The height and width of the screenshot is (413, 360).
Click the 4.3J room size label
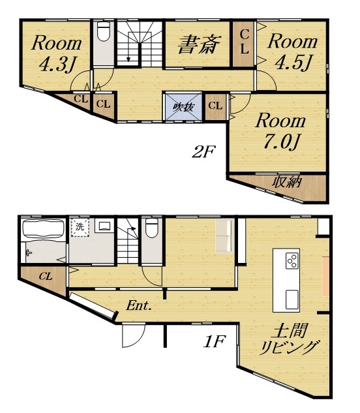(57, 64)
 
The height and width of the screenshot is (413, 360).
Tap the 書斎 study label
(199, 45)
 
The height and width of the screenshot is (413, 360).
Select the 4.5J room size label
(293, 63)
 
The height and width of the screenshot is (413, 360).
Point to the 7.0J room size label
(282, 142)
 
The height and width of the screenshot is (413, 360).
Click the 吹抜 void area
(183, 107)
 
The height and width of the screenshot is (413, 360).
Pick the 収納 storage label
(287, 182)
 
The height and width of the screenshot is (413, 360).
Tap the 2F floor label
(203, 152)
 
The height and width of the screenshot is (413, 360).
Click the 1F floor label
(215, 341)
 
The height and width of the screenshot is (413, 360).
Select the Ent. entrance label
(139, 306)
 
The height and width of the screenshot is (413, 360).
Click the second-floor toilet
(104, 31)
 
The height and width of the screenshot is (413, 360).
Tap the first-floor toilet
(151, 228)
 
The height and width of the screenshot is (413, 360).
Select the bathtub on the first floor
(44, 229)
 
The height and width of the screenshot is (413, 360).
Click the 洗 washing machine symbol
(80, 227)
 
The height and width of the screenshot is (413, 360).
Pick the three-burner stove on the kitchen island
(292, 261)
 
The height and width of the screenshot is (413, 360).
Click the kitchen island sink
(292, 299)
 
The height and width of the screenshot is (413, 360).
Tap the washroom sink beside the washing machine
(104, 226)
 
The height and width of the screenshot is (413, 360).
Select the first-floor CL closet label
(46, 277)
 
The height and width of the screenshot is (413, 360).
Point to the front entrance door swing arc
(140, 339)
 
